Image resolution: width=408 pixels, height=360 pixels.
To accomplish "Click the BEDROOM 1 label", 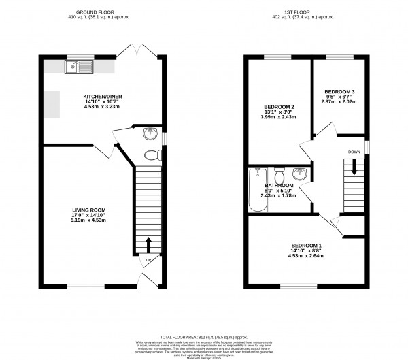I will tap(307, 245).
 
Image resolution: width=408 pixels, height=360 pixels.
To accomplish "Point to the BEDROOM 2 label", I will tap(278, 108).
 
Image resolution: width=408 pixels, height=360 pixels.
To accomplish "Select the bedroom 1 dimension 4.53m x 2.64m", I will tap(307, 256).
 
